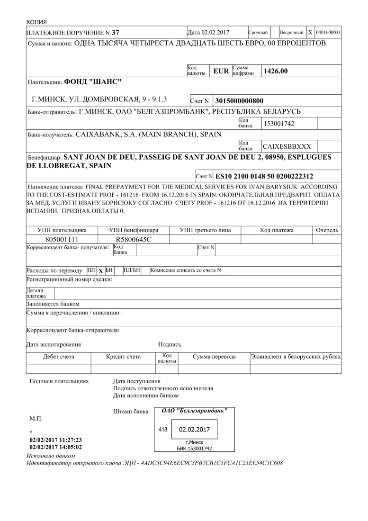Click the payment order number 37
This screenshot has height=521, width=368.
pos(115,33)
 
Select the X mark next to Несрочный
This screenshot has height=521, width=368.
pos(310,33)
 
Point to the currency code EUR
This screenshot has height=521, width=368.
pos(221,72)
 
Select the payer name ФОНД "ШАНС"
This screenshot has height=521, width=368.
pos(93,81)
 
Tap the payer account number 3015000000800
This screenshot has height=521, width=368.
pos(239,101)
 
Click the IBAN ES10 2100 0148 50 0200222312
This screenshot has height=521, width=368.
pos(264,176)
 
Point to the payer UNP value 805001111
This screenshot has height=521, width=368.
pos(62,240)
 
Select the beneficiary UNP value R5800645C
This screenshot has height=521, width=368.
pos(133,240)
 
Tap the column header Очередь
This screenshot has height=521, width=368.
pos(327,230)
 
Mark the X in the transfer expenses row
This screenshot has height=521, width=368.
pos(100,271)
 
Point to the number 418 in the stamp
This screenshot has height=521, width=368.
pos(163,430)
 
